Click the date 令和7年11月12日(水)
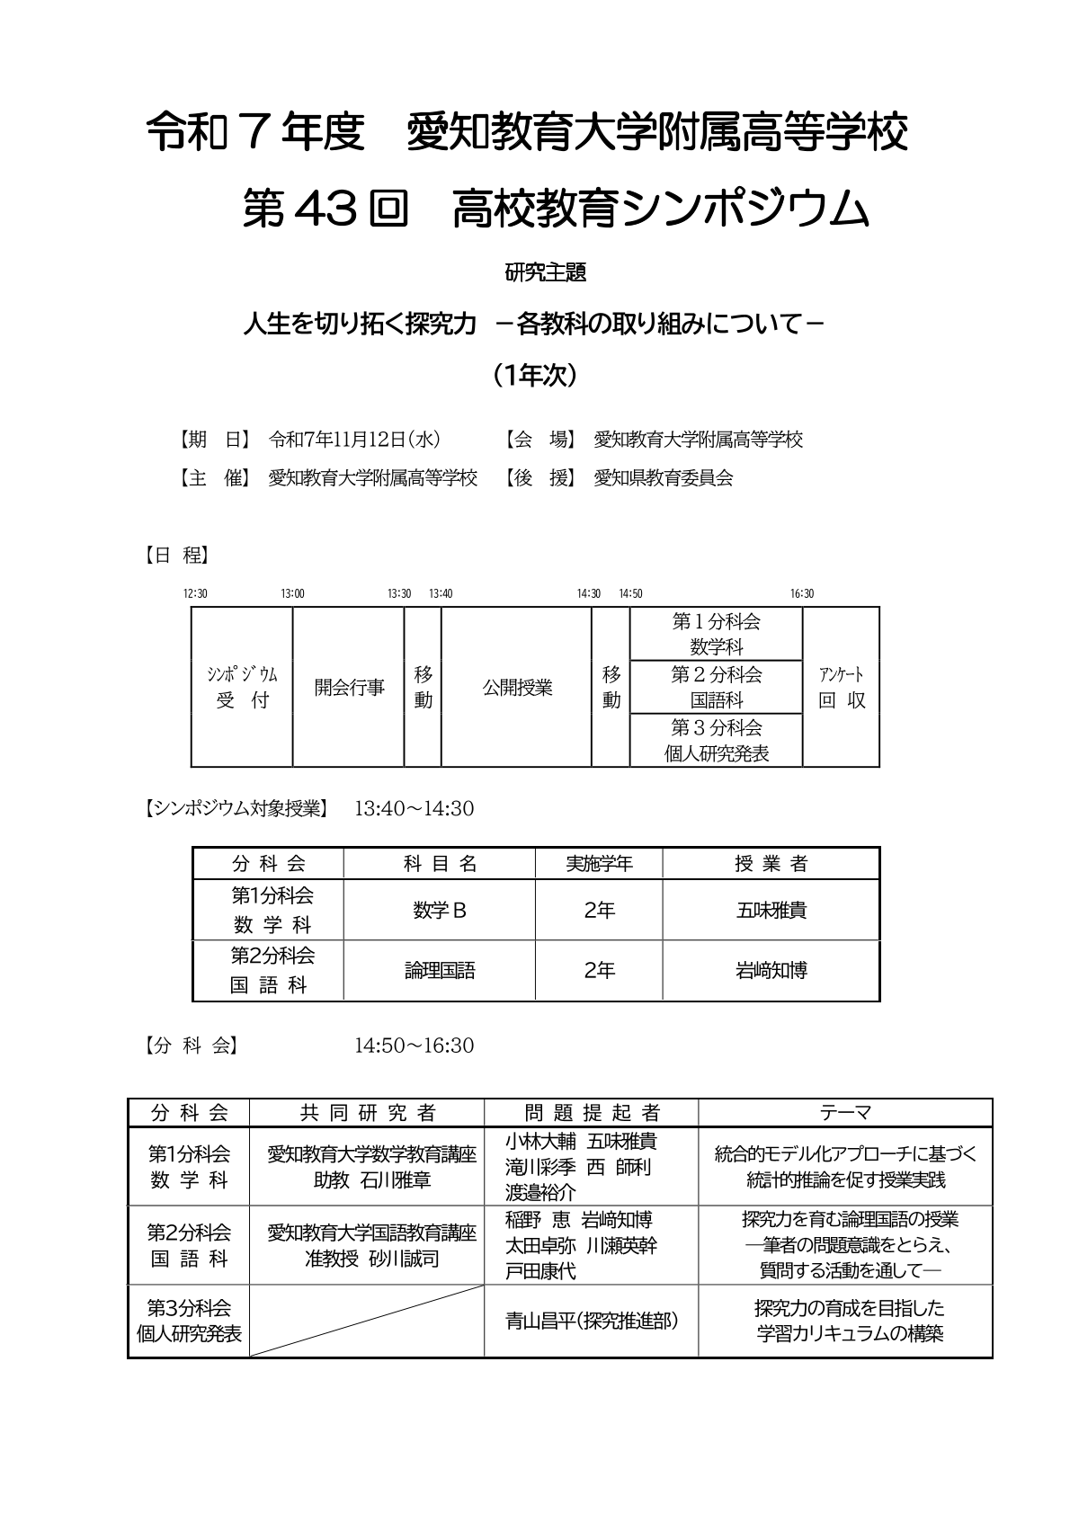354,440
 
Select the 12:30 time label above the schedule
195,593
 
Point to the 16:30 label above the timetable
802,593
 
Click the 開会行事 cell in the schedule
349,688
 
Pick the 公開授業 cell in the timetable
517,688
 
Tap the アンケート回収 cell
842,688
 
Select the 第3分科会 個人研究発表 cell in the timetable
717,741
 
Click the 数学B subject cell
440,911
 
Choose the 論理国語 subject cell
440,971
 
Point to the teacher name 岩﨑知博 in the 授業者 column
771,971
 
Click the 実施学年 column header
599,864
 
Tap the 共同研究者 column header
367,1113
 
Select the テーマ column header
845,1113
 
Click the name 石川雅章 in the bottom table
396,1180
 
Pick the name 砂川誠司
404,1259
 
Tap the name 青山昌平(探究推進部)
592,1321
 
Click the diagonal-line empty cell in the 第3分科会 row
367,1321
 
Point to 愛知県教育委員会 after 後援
664,478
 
